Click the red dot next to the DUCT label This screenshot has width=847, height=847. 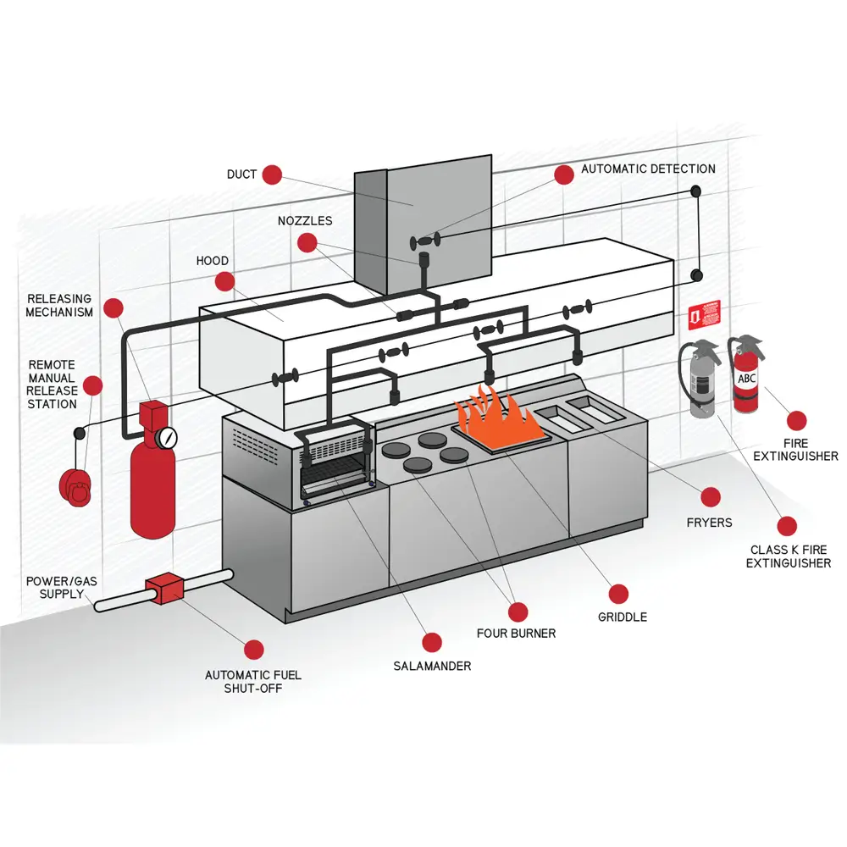pos(271,174)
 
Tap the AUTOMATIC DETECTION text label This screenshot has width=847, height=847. pos(648,169)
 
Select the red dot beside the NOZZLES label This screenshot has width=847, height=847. pos(307,243)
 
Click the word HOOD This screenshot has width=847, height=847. pos(213,261)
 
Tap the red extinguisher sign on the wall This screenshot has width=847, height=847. pos(698,316)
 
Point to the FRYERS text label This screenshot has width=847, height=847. pos(709,523)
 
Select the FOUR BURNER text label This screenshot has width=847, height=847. pos(516,633)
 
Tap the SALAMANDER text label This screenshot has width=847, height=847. pos(432,666)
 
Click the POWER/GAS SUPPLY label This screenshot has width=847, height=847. pos(55,588)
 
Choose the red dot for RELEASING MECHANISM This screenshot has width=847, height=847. pos(113,307)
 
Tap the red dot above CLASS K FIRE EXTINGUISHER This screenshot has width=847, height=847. pos(787,526)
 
